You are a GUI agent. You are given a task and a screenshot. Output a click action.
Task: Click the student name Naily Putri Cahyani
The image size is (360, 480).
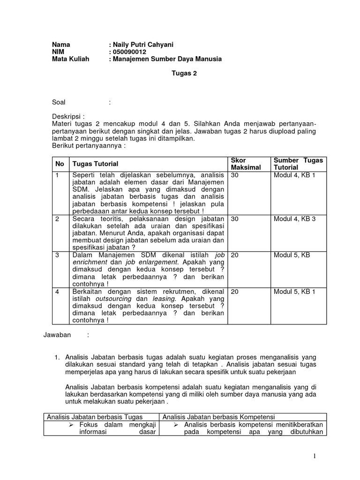point(143,45)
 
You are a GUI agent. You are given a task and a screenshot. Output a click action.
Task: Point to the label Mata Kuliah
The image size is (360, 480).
point(70,59)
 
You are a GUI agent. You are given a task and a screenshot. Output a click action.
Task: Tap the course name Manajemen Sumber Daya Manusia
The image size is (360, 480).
point(167,59)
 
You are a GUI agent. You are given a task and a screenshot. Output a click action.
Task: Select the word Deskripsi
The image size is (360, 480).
point(67,116)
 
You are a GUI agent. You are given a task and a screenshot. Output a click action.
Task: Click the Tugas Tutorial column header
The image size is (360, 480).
point(95,164)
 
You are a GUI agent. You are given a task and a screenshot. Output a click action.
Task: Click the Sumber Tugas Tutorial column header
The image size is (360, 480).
point(298,164)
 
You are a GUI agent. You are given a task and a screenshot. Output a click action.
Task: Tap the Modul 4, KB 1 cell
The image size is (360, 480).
point(294,175)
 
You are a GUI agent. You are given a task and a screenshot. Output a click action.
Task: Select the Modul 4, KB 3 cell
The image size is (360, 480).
point(294,218)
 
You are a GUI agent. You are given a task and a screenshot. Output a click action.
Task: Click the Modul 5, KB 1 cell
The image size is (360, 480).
point(294,291)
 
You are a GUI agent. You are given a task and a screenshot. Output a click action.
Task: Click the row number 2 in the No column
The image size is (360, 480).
point(57,218)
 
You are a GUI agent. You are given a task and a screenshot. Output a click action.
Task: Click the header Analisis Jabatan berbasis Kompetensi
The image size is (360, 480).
point(218,417)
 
